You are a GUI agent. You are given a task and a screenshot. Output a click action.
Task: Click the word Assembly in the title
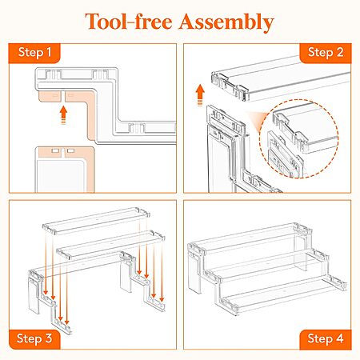226,22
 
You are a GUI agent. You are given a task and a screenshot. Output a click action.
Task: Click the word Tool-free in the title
129,21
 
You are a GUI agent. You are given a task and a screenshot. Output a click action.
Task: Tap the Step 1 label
34,52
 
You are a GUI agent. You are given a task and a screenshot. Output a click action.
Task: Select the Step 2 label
326,52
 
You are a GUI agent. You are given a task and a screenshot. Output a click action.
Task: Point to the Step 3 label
34,338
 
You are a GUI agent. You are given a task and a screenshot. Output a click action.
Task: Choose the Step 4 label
326,338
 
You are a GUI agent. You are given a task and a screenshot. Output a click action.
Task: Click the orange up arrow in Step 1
63,115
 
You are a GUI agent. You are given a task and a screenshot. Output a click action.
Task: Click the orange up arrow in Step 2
200,95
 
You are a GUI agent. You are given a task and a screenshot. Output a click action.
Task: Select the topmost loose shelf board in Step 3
96,221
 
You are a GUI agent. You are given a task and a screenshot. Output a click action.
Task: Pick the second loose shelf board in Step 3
110,245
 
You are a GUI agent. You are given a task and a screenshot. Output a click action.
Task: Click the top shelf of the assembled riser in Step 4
250,238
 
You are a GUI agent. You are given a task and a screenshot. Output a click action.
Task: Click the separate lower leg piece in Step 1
65,169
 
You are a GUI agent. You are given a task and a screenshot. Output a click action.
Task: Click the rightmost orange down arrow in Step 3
162,272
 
